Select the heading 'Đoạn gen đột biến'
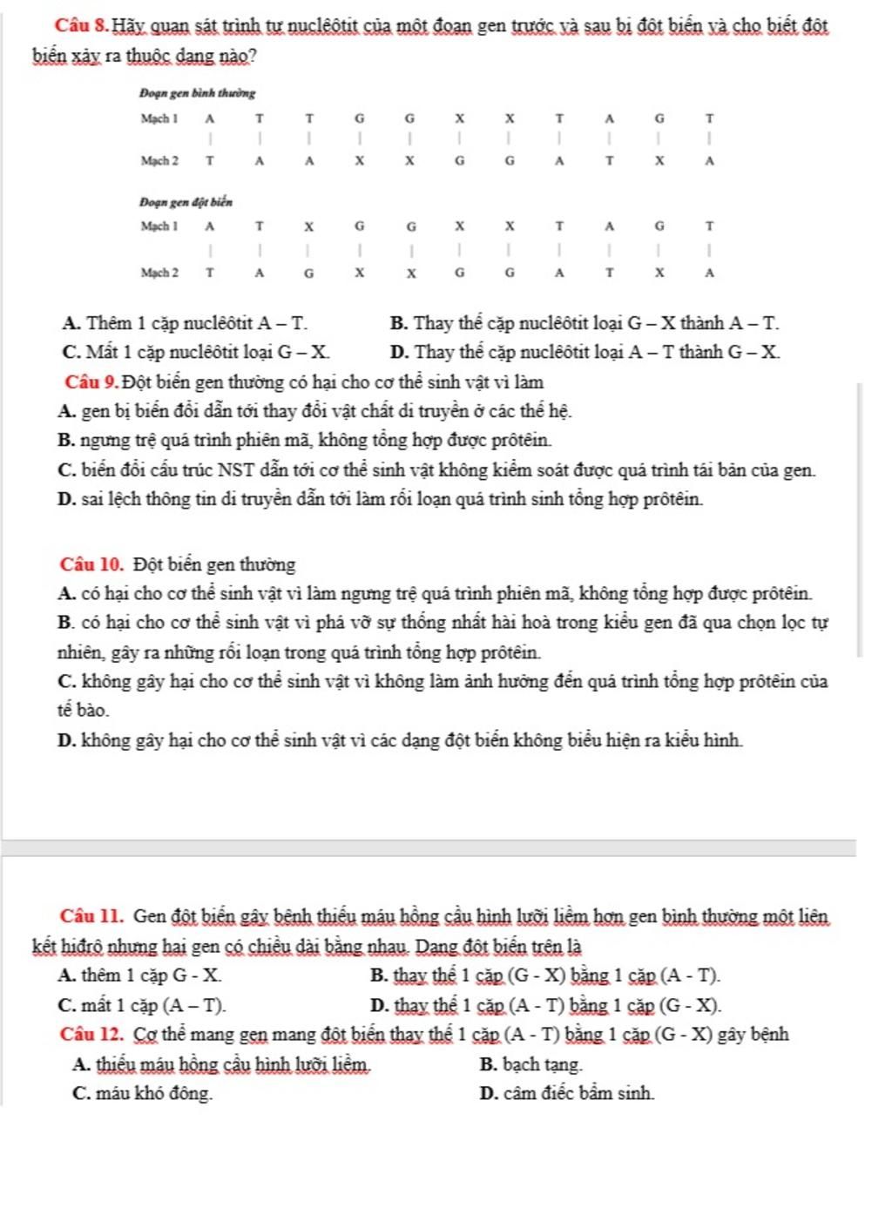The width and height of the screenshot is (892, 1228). tap(186, 202)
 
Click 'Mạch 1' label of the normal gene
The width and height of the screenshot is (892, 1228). tap(159, 118)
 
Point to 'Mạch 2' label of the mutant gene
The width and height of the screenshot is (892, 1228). tap(159, 273)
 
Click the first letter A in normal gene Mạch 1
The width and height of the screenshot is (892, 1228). tap(209, 118)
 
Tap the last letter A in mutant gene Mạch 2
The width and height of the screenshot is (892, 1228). tap(709, 273)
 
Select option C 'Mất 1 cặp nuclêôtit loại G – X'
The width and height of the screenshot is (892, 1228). tap(197, 353)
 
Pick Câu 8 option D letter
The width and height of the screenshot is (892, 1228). tap(401, 353)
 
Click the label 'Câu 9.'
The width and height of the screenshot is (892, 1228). tap(91, 381)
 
